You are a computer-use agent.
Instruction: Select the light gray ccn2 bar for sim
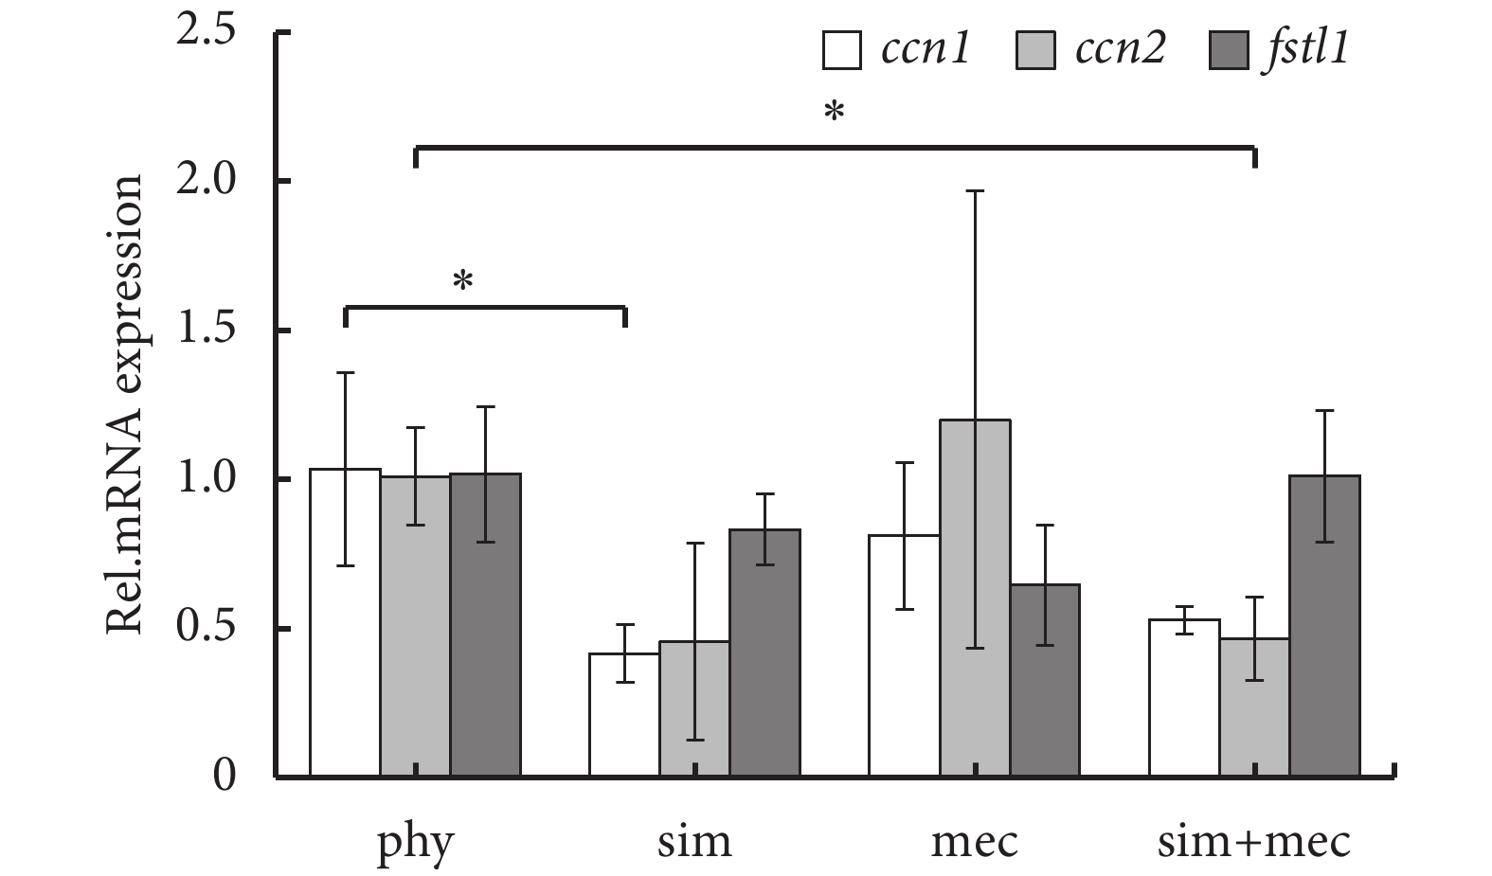[x=694, y=709]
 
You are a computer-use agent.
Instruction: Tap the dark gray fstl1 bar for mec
[x=1045, y=681]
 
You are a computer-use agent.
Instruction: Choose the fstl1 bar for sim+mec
[x=1324, y=626]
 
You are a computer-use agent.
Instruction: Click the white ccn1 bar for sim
[x=624, y=715]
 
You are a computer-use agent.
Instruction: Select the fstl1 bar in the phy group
[x=485, y=625]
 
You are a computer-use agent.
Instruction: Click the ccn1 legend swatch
[x=841, y=51]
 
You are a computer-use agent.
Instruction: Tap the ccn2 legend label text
[x=1120, y=49]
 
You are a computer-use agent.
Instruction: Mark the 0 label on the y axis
[x=224, y=777]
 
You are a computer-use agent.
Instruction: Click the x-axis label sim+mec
[x=1253, y=841]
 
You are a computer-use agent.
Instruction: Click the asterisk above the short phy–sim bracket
[x=462, y=281]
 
